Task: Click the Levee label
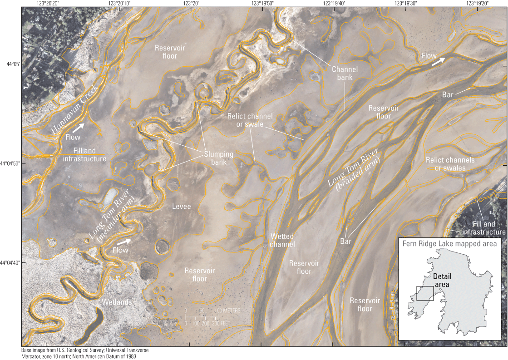click(182, 207)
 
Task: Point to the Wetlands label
click(117, 302)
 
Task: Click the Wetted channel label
click(282, 240)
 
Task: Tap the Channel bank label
click(345, 74)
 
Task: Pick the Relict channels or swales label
click(450, 164)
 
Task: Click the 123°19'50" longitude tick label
click(262, 3)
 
